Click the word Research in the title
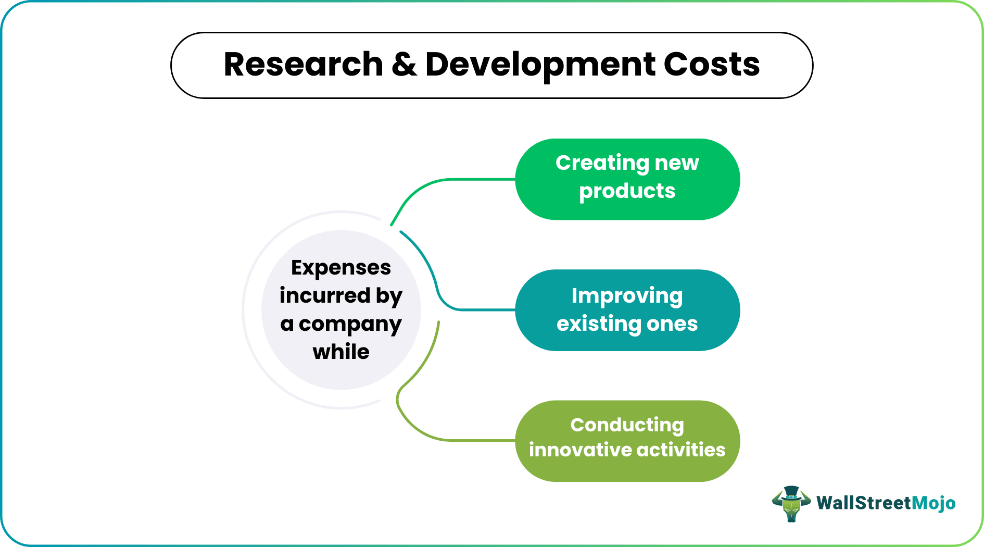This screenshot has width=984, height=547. pos(303,65)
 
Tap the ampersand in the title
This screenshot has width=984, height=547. pos(404,65)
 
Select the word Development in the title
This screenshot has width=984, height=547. pos(540,65)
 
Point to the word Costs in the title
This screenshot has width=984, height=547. pos(711,65)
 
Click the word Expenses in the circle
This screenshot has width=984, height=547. pos(340,268)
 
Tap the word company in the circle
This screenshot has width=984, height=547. pos(350,325)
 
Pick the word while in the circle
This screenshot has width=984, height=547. pos(341,352)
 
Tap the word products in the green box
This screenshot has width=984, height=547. pos(627,192)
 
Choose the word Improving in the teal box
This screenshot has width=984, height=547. pos(627,296)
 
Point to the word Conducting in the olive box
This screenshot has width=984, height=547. pos(627,426)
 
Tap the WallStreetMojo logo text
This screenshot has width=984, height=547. pos(886,503)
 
